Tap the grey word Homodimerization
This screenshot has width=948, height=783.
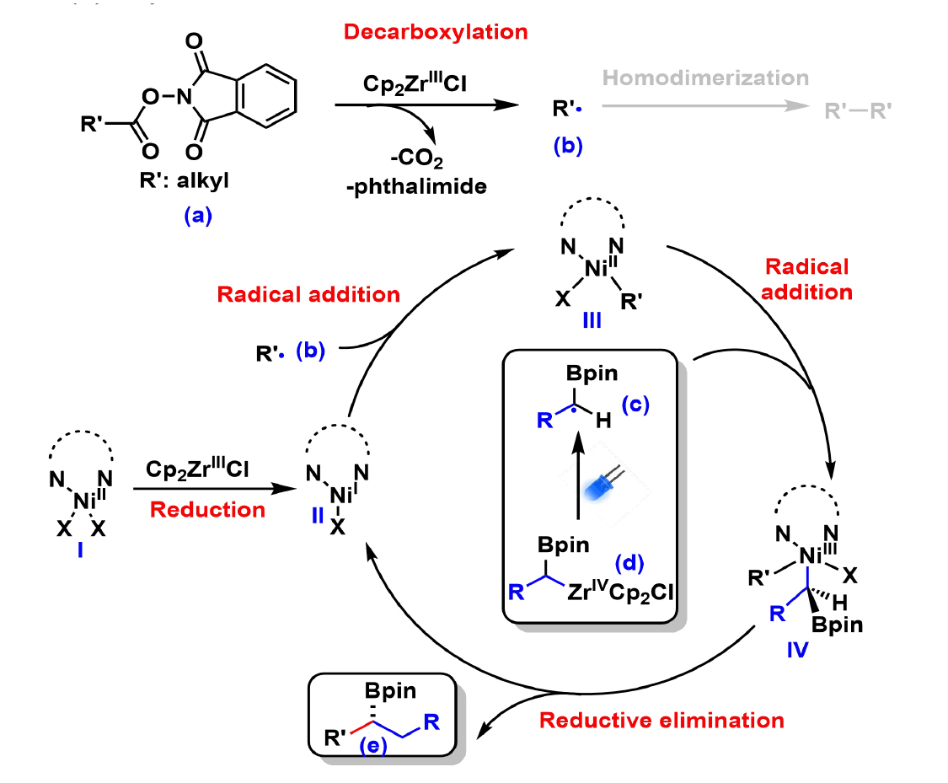pyautogui.click(x=705, y=78)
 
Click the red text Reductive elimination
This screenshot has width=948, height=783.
pyautogui.click(x=661, y=721)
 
